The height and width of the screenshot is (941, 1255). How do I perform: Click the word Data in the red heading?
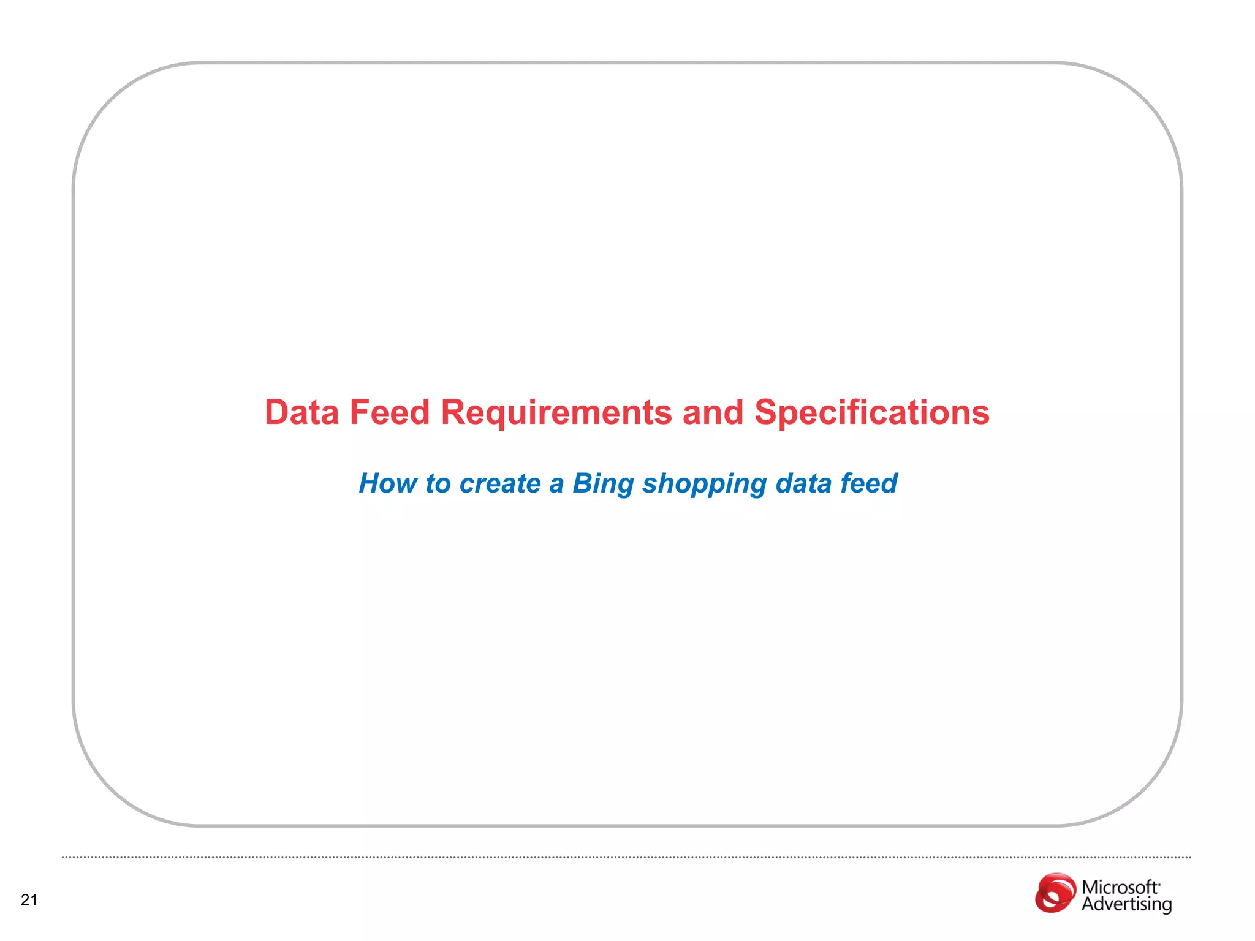coord(301,412)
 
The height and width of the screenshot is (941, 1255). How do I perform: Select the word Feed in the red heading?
coord(389,412)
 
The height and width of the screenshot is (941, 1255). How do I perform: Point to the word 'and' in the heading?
coord(713,412)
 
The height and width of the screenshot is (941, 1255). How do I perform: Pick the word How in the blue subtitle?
coord(387,483)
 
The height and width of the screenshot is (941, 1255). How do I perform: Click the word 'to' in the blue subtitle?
coord(438,483)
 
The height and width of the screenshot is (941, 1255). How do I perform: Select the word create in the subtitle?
coord(500,483)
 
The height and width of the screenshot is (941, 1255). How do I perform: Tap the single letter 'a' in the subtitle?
coord(556,485)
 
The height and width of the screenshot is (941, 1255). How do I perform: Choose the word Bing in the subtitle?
coord(603,485)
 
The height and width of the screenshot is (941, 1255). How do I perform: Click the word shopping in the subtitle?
coord(704,485)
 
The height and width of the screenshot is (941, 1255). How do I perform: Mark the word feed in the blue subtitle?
coord(868,483)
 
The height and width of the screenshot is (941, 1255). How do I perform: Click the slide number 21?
coord(29,900)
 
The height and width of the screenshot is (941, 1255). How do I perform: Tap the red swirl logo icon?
coord(1055,893)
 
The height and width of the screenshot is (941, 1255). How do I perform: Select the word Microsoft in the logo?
coord(1120,887)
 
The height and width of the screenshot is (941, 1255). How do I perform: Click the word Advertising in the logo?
coord(1126,904)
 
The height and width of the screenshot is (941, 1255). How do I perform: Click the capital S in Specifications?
coord(765,412)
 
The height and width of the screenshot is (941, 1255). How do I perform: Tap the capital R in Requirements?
coord(454,412)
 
